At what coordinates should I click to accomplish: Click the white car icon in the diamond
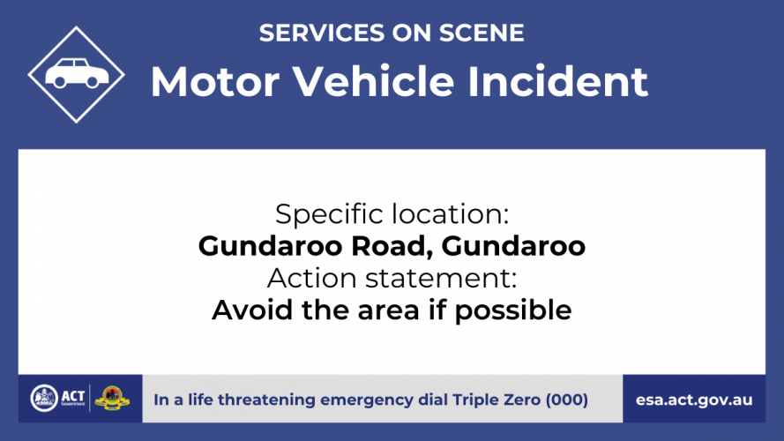coord(77,73)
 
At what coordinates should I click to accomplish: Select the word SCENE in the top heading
coord(482,33)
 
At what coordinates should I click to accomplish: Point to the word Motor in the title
coord(215,81)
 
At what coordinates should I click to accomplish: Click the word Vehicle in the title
coord(373,80)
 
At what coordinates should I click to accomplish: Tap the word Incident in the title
coord(557,80)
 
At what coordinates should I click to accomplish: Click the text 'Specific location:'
coord(392,214)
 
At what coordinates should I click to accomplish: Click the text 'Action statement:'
coord(392,278)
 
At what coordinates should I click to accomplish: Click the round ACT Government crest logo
coord(44,399)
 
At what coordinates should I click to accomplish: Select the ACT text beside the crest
coord(73,396)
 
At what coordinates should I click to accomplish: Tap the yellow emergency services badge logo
coord(112,399)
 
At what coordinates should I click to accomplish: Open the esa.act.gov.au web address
coord(694,400)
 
